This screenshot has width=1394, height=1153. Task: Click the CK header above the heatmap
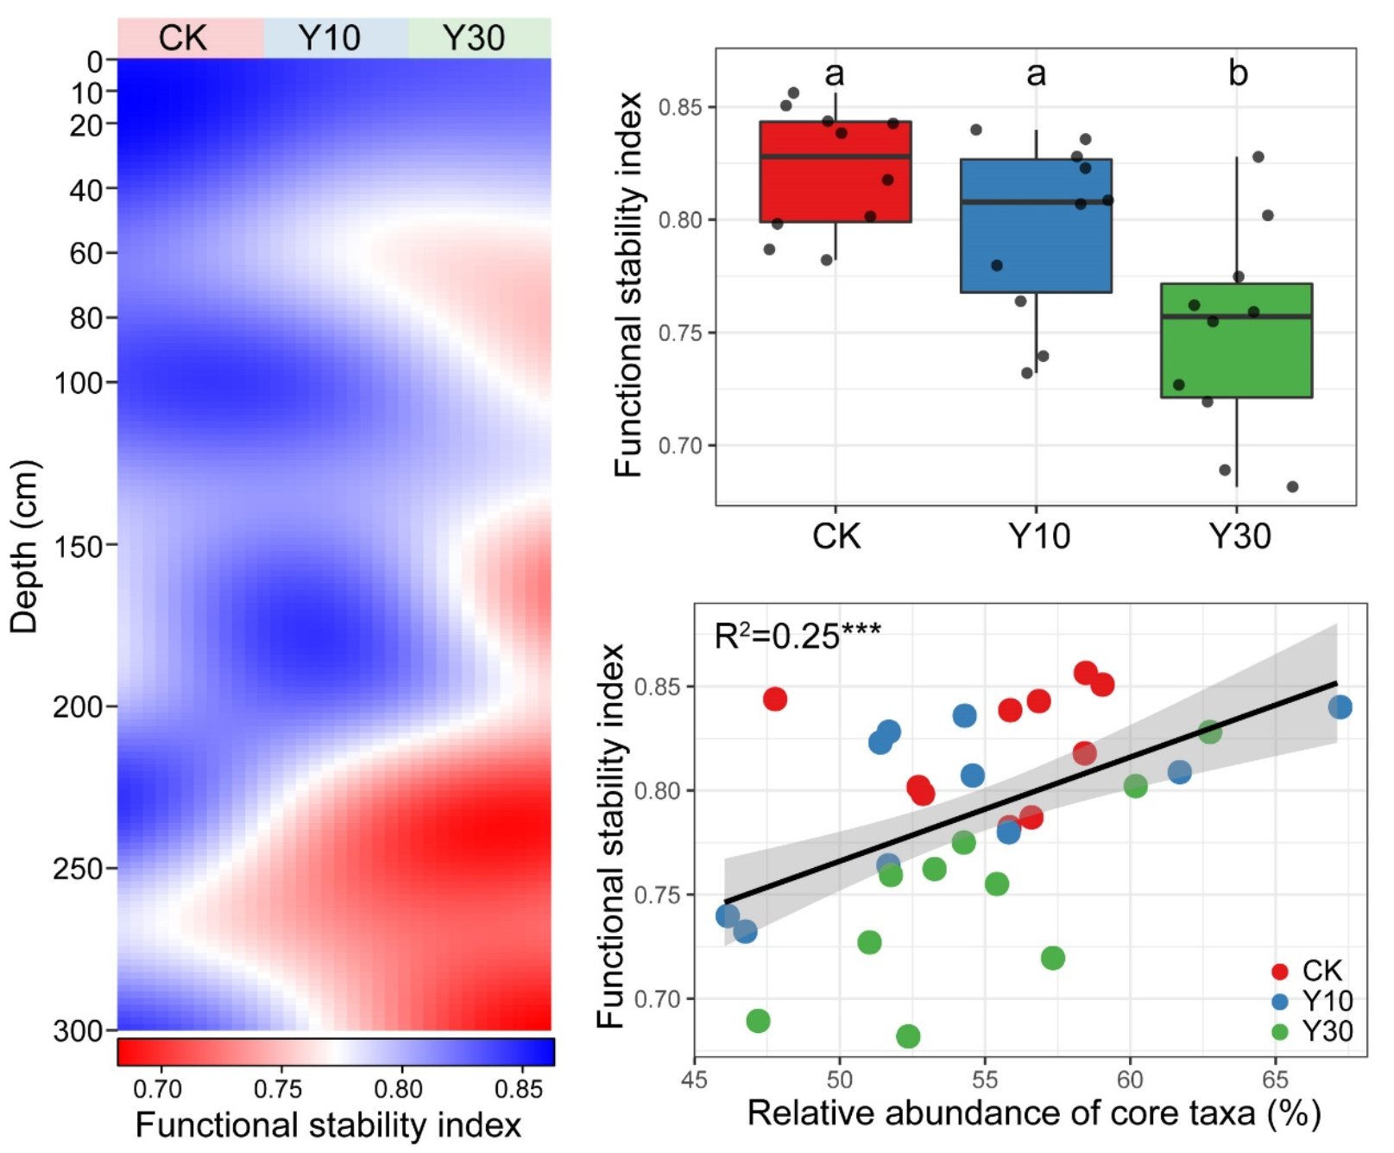tap(183, 38)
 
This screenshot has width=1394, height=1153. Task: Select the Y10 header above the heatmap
tap(329, 38)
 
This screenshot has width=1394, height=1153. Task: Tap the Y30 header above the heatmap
tap(473, 38)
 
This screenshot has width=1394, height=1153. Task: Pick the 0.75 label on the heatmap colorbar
tap(277, 1089)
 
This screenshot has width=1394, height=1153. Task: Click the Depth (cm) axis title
tap(24, 547)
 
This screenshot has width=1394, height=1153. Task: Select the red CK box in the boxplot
tap(835, 172)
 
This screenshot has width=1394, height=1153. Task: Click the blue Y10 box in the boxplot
tap(1036, 226)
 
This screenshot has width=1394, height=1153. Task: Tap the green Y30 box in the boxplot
tap(1236, 340)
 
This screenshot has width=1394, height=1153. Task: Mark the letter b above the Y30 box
tap(1238, 73)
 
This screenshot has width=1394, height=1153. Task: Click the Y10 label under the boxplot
tap(1039, 536)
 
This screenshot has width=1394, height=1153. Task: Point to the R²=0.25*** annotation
tap(797, 637)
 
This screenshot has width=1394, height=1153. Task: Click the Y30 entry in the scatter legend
tap(1312, 1031)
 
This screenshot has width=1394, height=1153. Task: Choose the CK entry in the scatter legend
tap(1309, 971)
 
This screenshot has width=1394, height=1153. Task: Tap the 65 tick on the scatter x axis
tap(1275, 1080)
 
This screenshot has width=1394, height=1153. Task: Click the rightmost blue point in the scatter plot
tap(1340, 707)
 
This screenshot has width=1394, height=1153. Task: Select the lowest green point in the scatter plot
tap(908, 1036)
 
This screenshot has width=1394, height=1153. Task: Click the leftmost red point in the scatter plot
tap(775, 699)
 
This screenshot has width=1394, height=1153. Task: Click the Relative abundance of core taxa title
tap(1033, 1113)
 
